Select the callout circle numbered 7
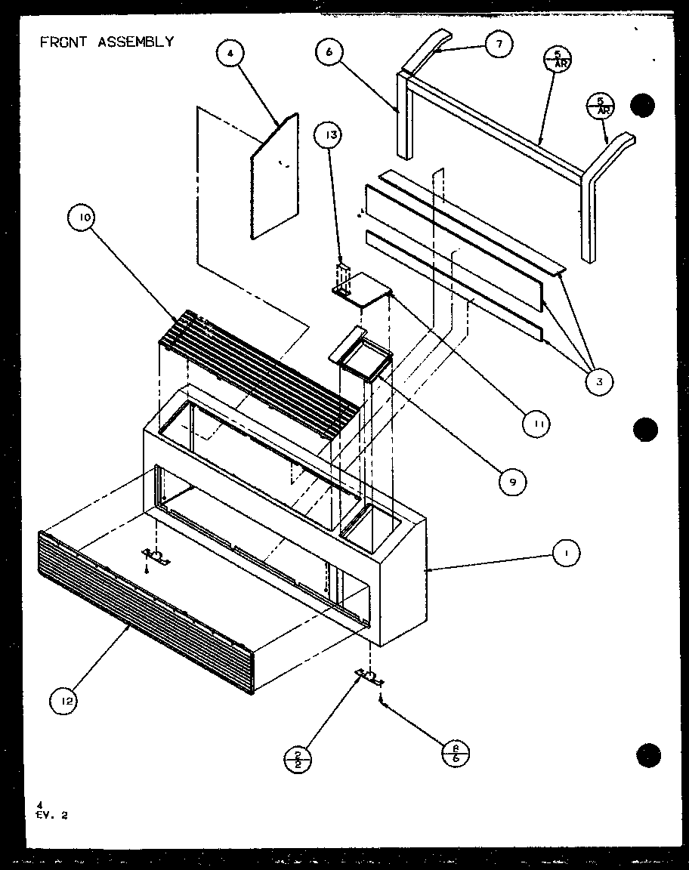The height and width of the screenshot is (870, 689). [498, 44]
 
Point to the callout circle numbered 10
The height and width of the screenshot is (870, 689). [82, 218]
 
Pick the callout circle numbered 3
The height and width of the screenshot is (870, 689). [598, 382]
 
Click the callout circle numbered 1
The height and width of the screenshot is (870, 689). [565, 554]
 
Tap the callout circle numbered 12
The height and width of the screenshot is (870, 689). [65, 702]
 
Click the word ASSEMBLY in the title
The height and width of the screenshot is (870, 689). [135, 42]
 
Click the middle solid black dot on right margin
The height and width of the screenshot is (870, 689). [645, 430]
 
